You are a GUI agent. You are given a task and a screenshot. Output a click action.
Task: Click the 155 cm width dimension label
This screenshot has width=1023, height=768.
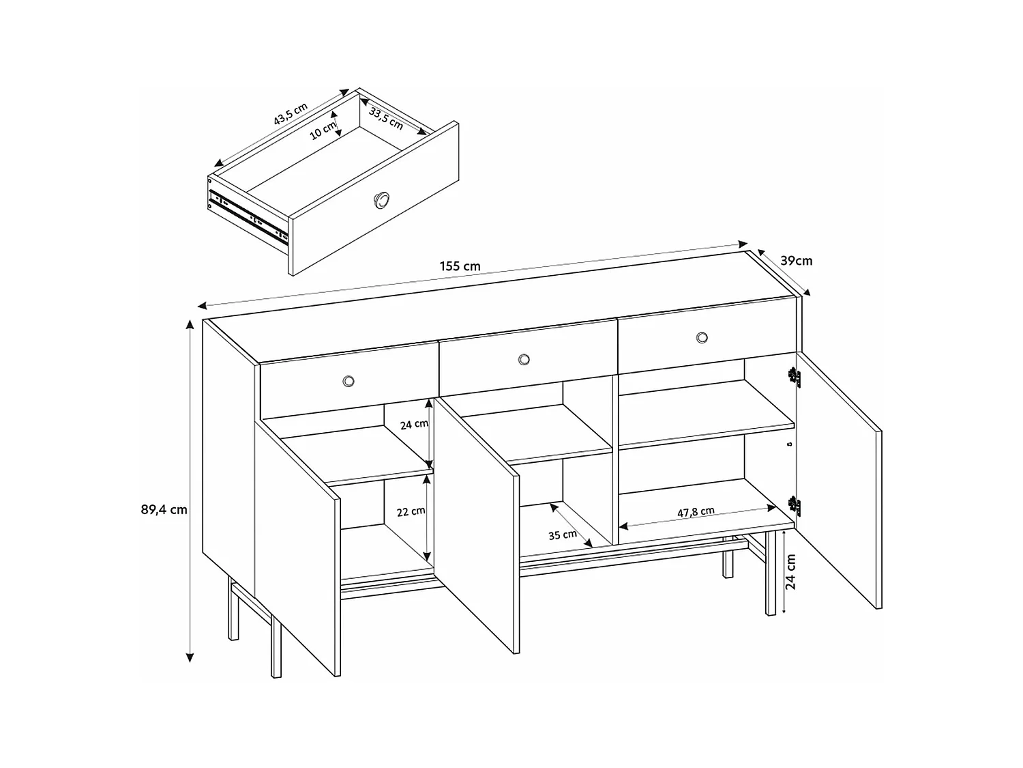(460, 266)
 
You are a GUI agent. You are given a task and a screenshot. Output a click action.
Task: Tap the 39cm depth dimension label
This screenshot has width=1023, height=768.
(796, 260)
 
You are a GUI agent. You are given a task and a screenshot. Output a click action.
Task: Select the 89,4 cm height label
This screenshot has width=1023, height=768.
(164, 509)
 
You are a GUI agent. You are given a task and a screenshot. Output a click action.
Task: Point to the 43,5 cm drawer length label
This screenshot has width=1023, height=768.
(291, 114)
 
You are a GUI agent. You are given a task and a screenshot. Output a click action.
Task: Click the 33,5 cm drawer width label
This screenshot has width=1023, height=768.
(386, 118)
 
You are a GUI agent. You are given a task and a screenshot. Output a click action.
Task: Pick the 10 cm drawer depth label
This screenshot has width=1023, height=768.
(323, 130)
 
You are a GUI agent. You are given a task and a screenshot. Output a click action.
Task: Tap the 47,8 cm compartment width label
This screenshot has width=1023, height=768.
(696, 511)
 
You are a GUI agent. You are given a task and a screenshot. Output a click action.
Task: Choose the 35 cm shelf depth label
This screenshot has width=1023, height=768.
(563, 535)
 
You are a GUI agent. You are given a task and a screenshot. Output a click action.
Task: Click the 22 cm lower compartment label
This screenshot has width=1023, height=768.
(411, 511)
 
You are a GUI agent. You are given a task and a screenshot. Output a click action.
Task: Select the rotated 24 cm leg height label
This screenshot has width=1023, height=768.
(792, 571)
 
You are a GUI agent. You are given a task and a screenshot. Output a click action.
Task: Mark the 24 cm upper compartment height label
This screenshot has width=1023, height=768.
(414, 424)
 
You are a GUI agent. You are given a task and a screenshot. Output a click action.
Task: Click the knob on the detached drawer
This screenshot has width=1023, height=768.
(381, 199)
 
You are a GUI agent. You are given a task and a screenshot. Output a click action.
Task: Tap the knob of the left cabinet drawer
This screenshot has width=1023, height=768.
(349, 381)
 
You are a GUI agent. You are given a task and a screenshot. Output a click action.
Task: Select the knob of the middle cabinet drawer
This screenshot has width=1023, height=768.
(524, 359)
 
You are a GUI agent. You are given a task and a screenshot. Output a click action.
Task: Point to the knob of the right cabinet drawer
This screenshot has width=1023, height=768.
(702, 337)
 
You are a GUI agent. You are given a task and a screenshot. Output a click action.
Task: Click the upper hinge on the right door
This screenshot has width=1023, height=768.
(793, 376)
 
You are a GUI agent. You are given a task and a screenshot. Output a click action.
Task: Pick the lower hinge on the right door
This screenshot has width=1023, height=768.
(793, 504)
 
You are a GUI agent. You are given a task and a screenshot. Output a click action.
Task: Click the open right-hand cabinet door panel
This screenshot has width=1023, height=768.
(839, 478)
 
